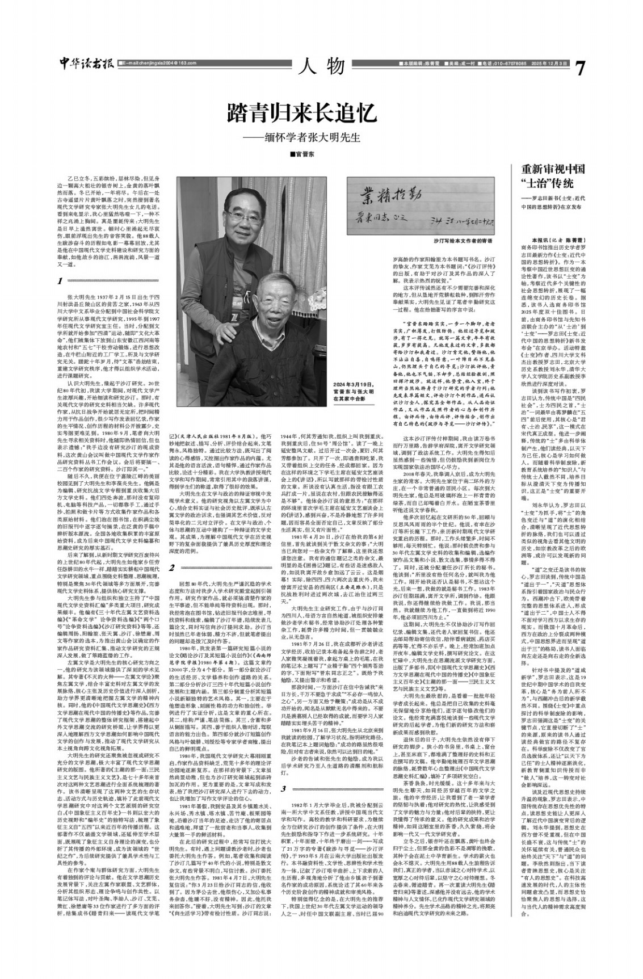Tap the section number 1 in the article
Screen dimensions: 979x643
click(x=60, y=281)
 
